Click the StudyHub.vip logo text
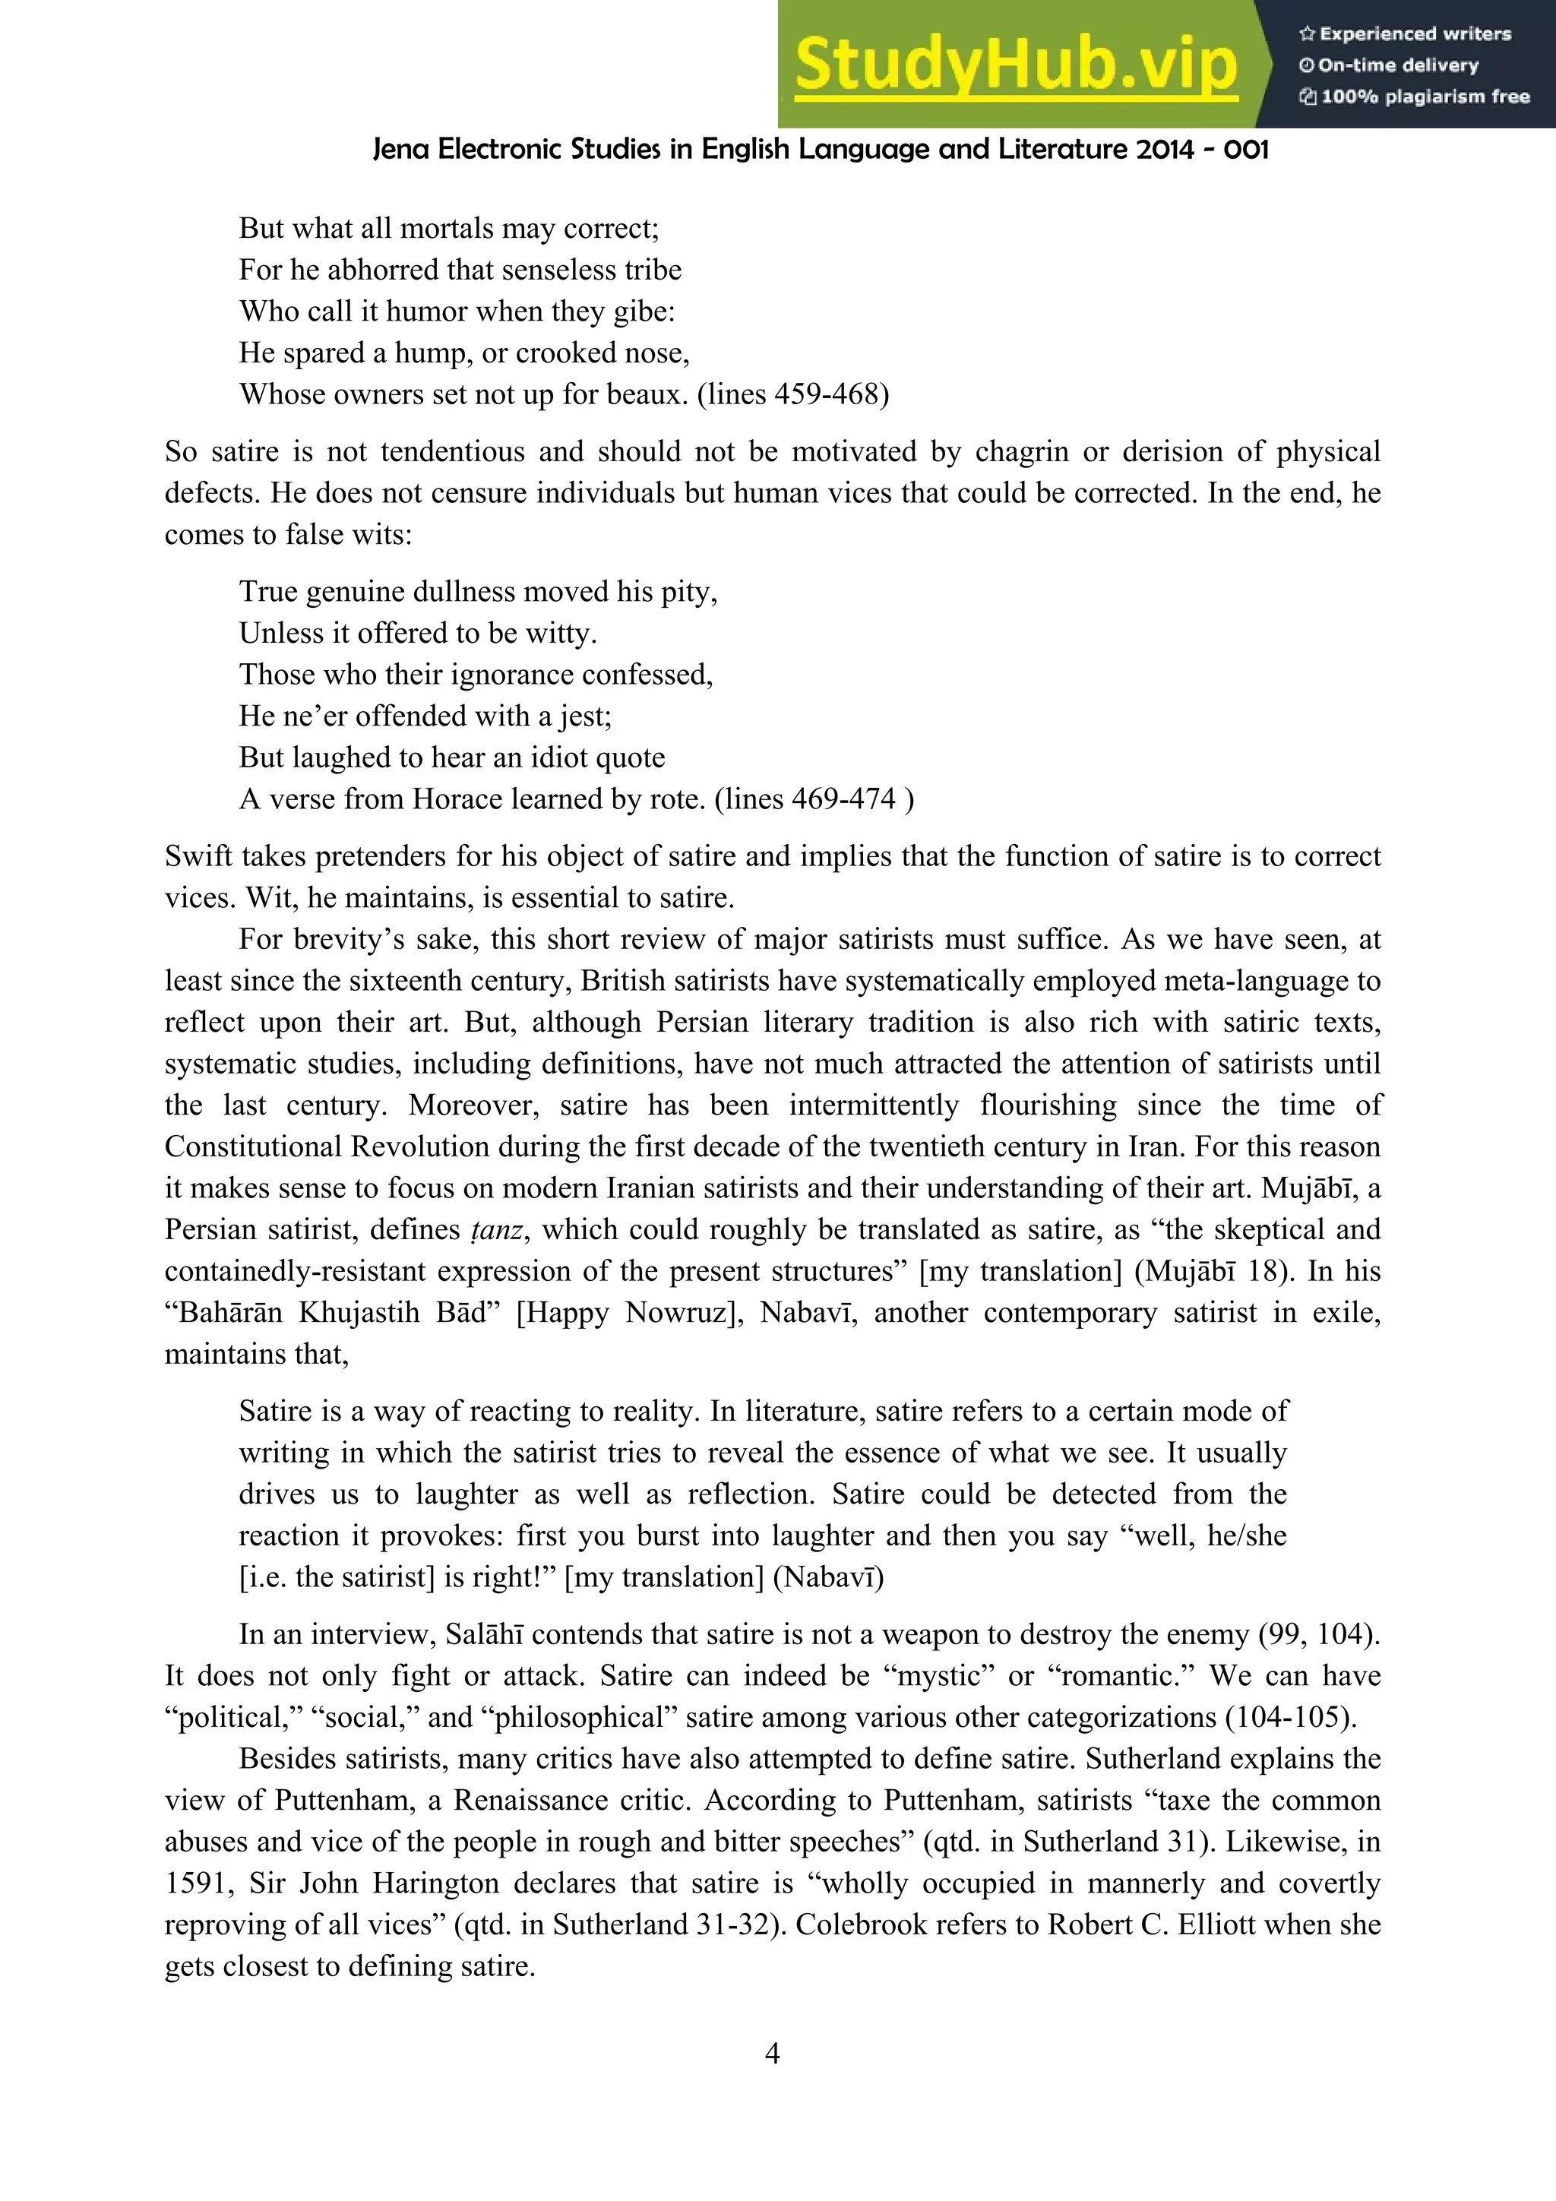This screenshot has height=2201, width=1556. pos(1017,65)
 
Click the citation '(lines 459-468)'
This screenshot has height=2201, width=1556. pos(793,394)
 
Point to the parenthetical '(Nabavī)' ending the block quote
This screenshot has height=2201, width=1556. pos(828,1577)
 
